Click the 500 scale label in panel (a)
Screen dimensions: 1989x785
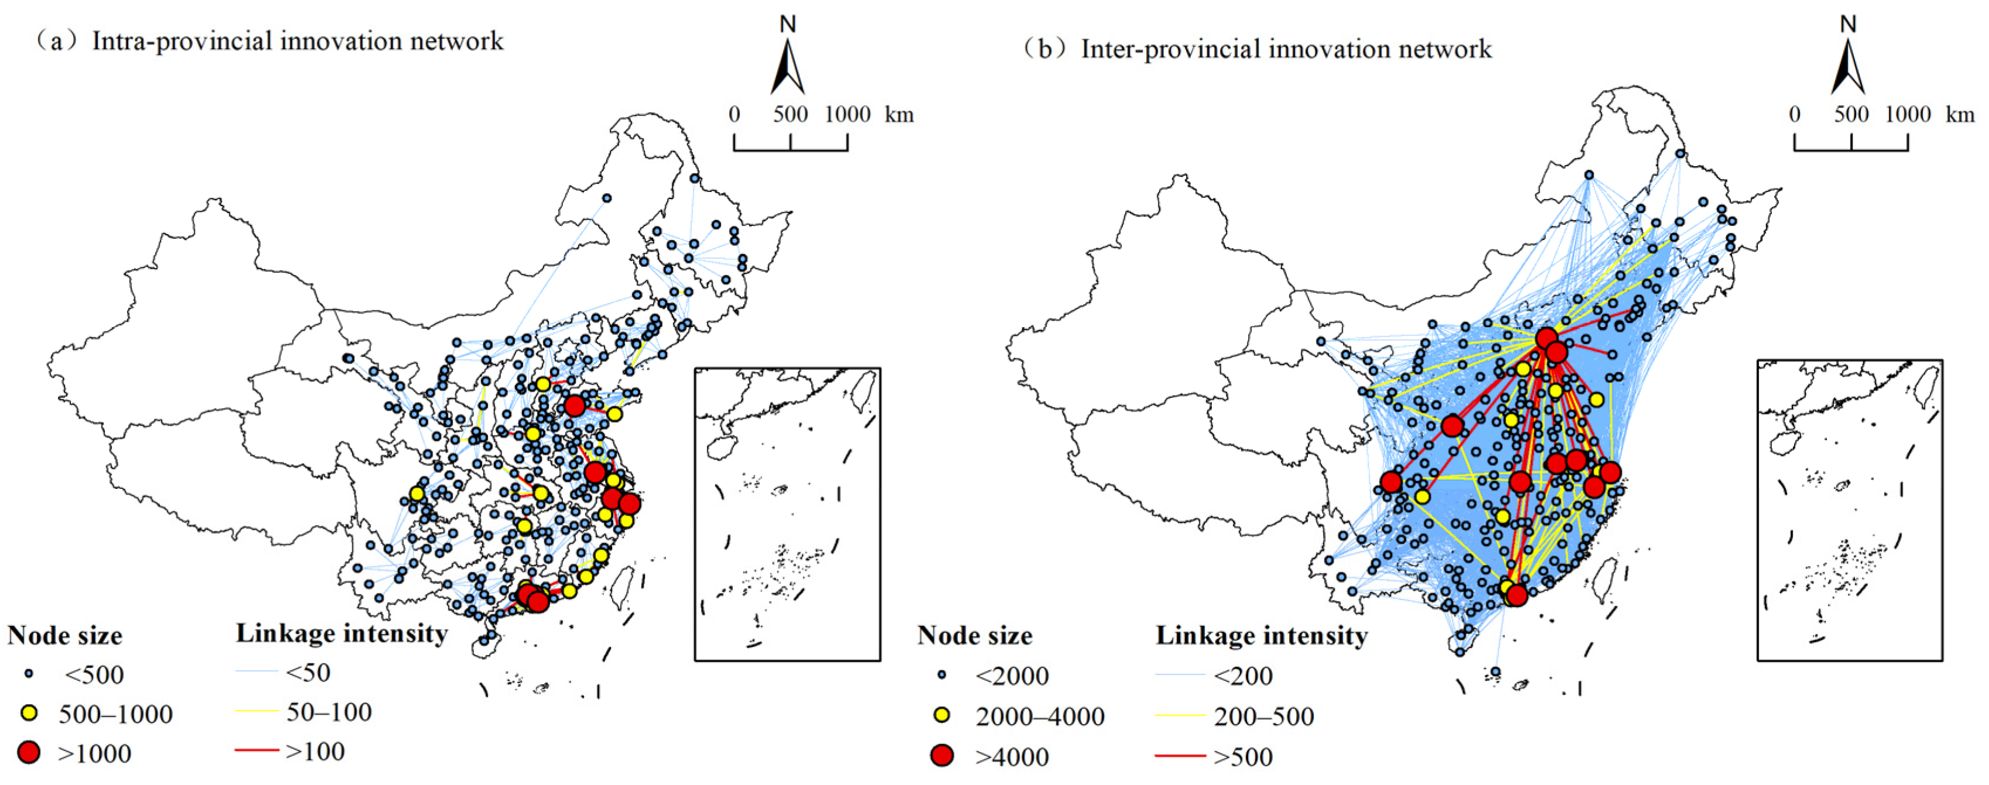(x=791, y=114)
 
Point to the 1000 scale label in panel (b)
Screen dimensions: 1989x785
(x=1908, y=114)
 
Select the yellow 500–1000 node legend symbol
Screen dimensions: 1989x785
(x=29, y=713)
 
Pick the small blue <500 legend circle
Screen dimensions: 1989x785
(x=29, y=674)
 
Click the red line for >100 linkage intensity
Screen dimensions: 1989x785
(x=257, y=749)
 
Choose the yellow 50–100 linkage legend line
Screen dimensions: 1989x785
(x=257, y=711)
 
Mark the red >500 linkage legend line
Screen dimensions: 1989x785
(x=1180, y=756)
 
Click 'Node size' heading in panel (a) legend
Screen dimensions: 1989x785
(x=65, y=635)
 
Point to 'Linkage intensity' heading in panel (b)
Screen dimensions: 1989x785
(x=1262, y=635)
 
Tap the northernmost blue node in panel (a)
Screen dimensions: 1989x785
(x=694, y=178)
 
